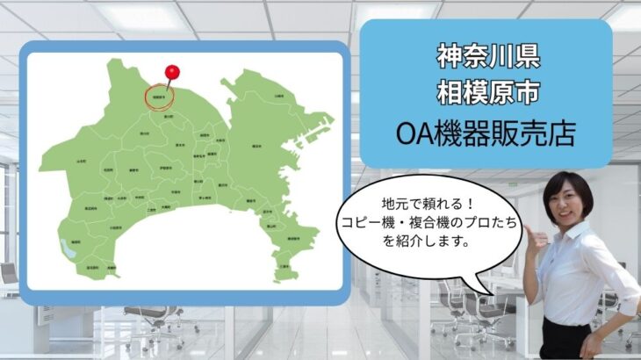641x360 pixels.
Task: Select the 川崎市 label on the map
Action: (x=278, y=96)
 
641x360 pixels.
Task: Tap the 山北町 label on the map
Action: (x=81, y=161)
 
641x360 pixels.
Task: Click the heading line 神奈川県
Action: (x=486, y=55)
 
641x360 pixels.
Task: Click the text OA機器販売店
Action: (x=486, y=133)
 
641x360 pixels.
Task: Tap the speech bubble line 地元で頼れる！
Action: (x=421, y=205)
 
